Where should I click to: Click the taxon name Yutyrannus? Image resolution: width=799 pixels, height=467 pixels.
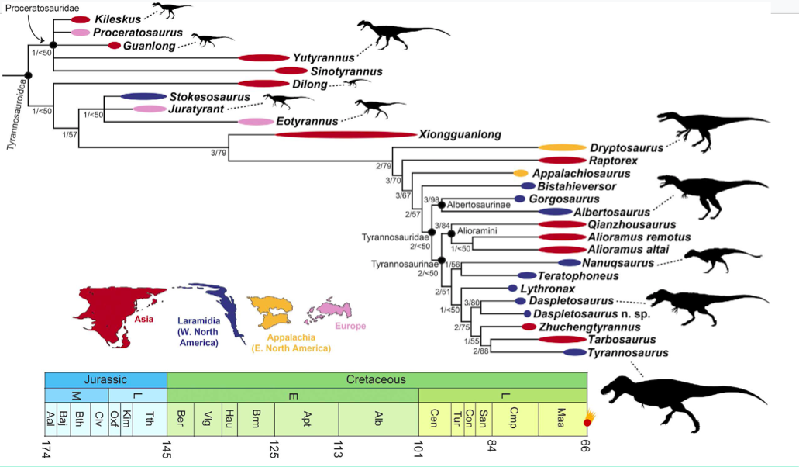tap(322, 57)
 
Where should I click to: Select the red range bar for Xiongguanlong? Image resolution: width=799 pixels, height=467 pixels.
tap(346, 134)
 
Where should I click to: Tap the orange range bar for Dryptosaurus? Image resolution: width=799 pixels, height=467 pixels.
tap(562, 147)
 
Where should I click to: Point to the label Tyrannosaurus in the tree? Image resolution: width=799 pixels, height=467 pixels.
tap(627, 353)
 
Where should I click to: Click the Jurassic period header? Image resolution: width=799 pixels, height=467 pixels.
tap(106, 380)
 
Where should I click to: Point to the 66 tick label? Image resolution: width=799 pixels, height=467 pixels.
tap(587, 449)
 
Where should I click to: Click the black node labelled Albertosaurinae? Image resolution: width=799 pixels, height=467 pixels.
tap(441, 206)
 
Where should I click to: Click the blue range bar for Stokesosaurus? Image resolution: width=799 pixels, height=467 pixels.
tap(143, 97)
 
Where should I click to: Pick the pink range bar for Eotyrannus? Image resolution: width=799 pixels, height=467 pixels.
tap(256, 122)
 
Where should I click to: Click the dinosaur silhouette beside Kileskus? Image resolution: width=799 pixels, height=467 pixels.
tap(173, 11)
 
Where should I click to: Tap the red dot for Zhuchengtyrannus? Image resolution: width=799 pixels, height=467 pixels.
tap(528, 327)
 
